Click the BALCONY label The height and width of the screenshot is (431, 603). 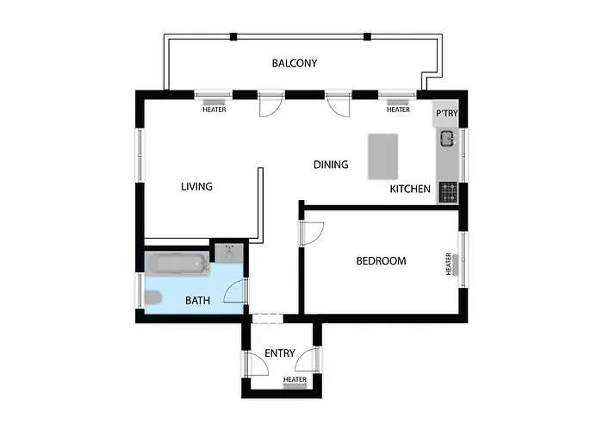[x=295, y=63]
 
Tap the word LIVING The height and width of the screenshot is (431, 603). [x=196, y=186]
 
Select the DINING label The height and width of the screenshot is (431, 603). [x=331, y=165]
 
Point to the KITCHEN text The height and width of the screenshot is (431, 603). [x=410, y=189]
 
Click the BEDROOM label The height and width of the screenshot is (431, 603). [x=381, y=260]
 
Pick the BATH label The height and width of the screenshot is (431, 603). [x=198, y=301]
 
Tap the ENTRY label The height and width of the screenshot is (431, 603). [x=280, y=353]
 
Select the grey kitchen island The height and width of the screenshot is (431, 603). [x=385, y=156]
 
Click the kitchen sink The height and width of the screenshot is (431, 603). [x=448, y=137]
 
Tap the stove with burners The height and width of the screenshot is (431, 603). [x=448, y=192]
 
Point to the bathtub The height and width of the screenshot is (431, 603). [x=177, y=263]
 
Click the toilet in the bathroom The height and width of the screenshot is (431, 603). [x=152, y=299]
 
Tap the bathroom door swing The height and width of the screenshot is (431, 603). [x=235, y=292]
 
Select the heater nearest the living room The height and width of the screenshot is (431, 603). [x=214, y=103]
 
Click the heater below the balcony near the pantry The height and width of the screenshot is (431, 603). [x=398, y=103]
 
